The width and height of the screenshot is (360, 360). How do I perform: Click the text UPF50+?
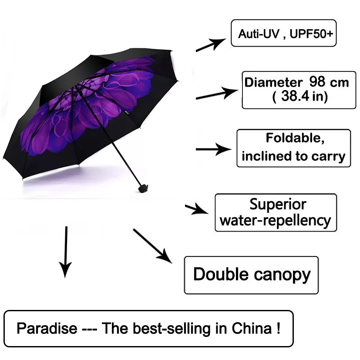pos(311,34)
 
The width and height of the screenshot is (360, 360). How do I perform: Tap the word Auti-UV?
pos(259,34)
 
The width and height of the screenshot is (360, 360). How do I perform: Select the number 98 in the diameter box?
pos(317,81)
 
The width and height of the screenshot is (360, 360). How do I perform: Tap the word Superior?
pos(278,204)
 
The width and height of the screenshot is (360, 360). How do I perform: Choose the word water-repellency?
pos(275,221)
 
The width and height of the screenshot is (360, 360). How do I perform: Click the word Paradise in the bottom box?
pos(47,328)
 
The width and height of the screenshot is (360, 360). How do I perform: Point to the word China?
pos(252,328)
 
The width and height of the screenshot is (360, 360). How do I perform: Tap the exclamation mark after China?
pos(278,328)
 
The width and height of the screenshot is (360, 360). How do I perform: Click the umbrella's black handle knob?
pos(143,188)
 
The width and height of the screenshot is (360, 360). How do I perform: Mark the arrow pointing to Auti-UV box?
pos(211,45)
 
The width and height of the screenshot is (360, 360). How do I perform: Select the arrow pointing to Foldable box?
pos(214,149)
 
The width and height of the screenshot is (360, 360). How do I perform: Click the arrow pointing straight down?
pos(66,252)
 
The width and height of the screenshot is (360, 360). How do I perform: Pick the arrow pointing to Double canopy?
pos(153,246)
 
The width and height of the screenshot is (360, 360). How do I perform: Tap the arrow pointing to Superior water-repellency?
pos(196,209)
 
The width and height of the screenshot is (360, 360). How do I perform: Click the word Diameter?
pos(273,82)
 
